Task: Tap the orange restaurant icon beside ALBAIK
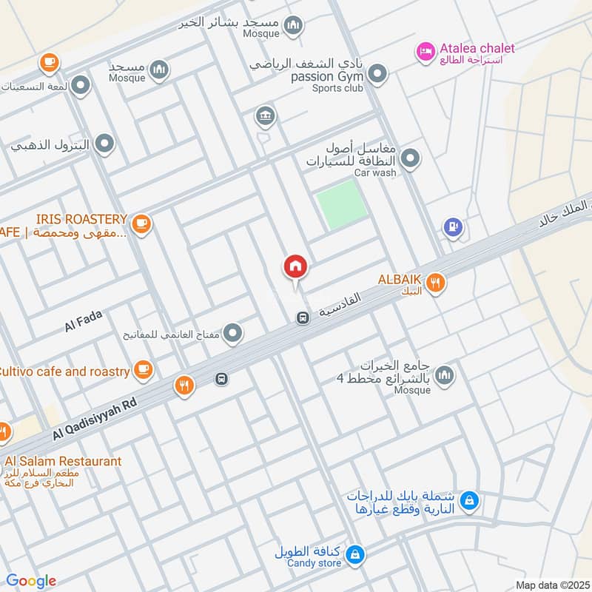436,282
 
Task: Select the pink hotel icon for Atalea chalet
425,50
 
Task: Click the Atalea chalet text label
477,48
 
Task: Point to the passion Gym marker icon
378,74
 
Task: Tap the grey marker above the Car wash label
410,158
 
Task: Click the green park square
342,203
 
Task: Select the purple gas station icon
454,227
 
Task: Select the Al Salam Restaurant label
61,461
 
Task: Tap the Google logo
30,581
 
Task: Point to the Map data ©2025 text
551,585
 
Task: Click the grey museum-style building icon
265,115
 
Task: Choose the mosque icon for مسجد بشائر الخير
294,27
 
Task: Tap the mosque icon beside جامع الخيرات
444,376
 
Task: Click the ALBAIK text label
400,280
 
